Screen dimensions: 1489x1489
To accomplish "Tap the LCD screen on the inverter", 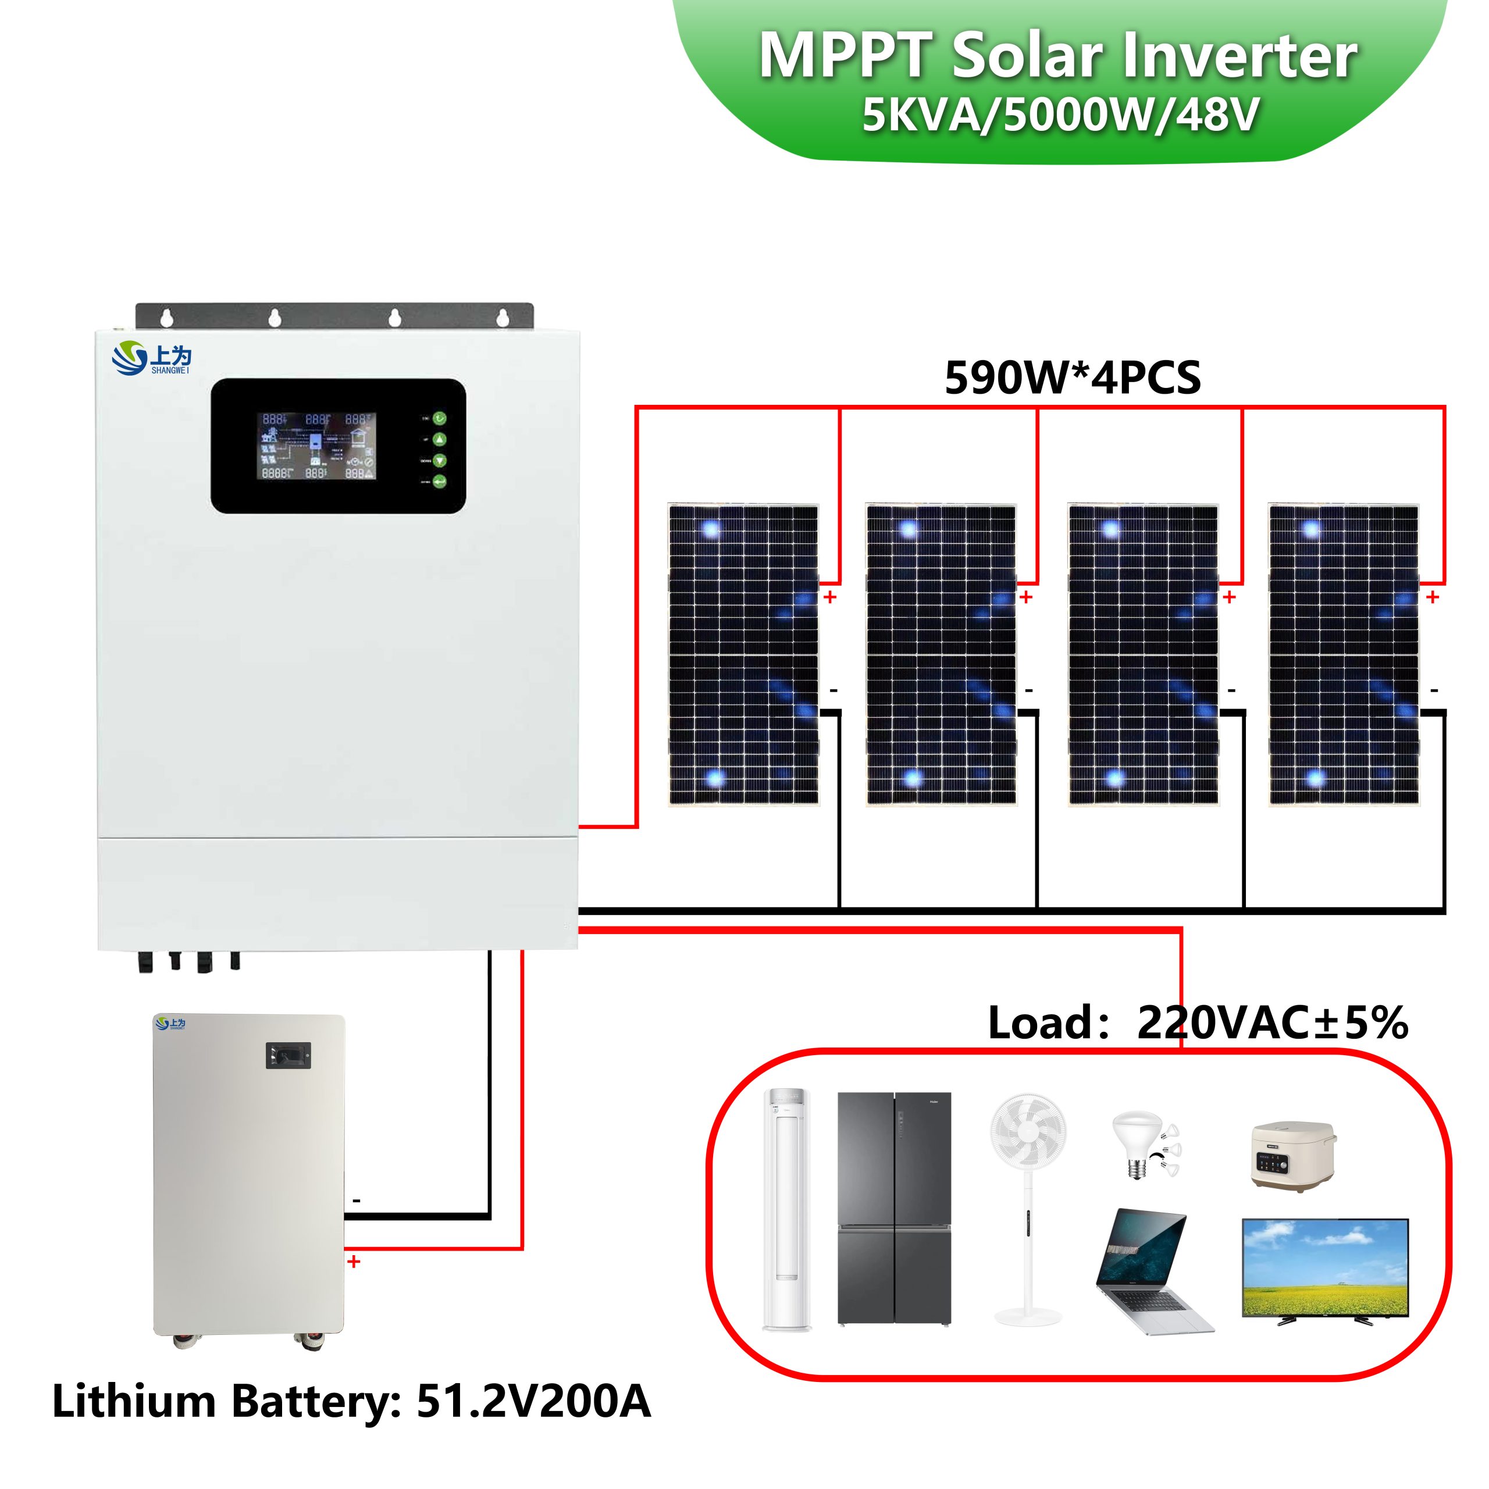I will [x=316, y=446].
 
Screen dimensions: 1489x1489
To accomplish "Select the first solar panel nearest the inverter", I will [x=743, y=654].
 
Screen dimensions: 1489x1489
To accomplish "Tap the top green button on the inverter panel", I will [x=439, y=419].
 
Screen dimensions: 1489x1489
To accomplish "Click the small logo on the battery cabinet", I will [x=170, y=1024].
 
